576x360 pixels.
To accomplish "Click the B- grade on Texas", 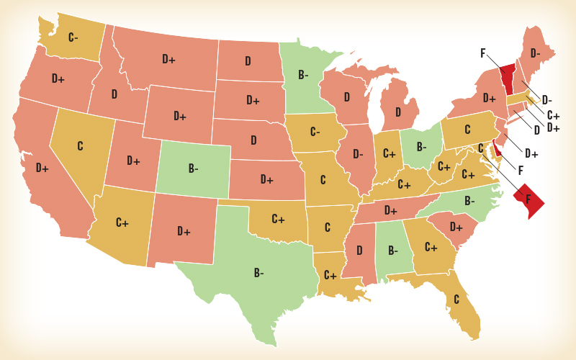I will pyautogui.click(x=258, y=273).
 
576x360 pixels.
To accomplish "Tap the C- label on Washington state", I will pyautogui.click(x=73, y=37).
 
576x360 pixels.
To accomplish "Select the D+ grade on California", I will pyautogui.click(x=42, y=168).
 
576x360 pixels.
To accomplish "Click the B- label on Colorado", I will pyautogui.click(x=194, y=168).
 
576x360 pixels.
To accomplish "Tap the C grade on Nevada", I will pyautogui.click(x=80, y=145).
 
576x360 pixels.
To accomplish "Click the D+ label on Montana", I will pyautogui.click(x=168, y=59).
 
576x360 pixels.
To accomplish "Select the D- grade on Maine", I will pyautogui.click(x=536, y=53).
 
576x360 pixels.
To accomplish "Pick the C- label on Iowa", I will pyautogui.click(x=315, y=132).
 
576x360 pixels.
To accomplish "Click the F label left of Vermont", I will pyautogui.click(x=483, y=53).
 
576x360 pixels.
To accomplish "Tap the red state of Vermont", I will pyautogui.click(x=508, y=76).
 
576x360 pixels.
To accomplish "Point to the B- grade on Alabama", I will pyautogui.click(x=392, y=251).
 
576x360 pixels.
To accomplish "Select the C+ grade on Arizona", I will pyautogui.click(x=122, y=222).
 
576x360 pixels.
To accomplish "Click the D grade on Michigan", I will pyautogui.click(x=397, y=113).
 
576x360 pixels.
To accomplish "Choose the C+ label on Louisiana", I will pyautogui.click(x=330, y=275).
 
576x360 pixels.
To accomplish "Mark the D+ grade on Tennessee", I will pyautogui.click(x=391, y=210).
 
